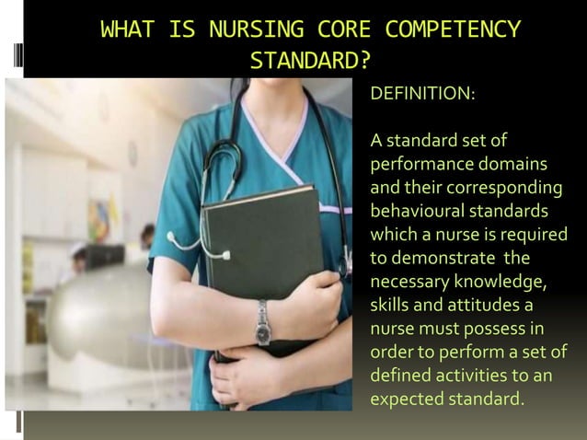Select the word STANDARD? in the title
[311, 61]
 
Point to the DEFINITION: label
[422, 94]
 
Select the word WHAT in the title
[128, 29]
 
